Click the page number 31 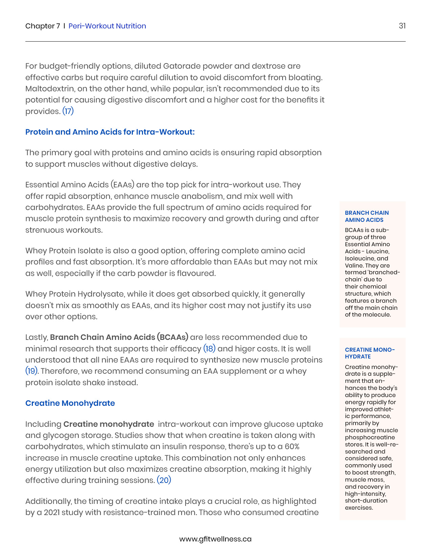(x=402, y=26)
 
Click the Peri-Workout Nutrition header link (x=107, y=26)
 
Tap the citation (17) (x=68, y=111)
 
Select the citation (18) (x=209, y=349)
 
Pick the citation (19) (x=31, y=371)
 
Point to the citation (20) (x=164, y=480)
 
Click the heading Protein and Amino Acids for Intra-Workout (x=110, y=132)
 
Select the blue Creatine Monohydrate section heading (x=70, y=403)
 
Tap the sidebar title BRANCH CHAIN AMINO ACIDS (x=367, y=216)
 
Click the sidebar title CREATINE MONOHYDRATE (x=369, y=353)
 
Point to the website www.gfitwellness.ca (x=215, y=539)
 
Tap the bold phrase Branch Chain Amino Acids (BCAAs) (x=119, y=337)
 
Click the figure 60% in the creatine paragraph (x=292, y=446)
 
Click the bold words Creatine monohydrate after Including (x=109, y=424)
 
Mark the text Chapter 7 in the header (x=43, y=26)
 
